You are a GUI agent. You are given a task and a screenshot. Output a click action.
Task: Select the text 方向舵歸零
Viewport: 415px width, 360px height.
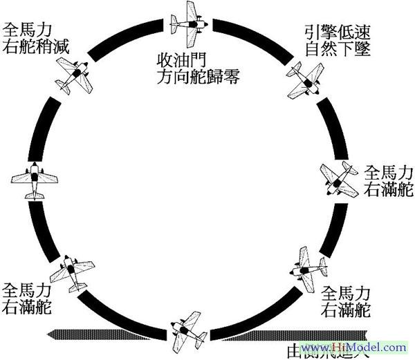(198, 75)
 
